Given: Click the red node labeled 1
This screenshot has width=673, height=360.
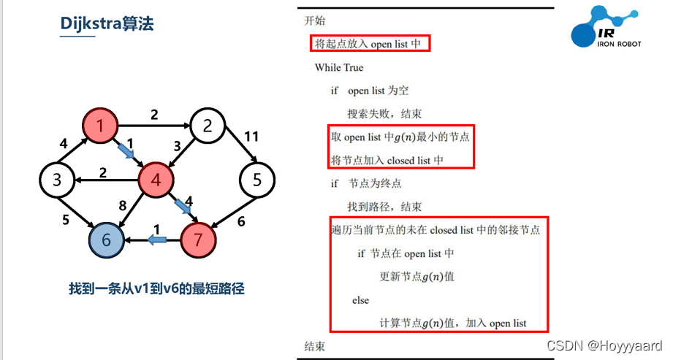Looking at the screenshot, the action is coord(99,126).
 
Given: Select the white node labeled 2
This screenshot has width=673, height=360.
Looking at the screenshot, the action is coord(208,126).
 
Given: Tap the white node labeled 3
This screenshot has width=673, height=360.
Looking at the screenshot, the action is coord(56,179).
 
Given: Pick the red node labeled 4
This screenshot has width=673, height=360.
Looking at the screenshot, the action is coord(155,179).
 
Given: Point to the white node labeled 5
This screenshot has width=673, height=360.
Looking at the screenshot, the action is coord(256,179).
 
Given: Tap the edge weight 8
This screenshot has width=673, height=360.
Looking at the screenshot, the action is coord(123,205).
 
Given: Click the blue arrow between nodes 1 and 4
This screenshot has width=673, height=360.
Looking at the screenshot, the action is coord(126,151).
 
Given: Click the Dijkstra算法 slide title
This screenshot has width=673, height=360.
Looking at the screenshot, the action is coord(107,25).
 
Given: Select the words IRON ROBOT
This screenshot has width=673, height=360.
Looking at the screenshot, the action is coord(620,44).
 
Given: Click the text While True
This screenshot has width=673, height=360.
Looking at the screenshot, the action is coord(338,68).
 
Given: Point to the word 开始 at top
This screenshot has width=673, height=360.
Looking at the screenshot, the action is coord(314,20).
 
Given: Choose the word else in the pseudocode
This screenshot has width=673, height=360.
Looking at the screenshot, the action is coord(360,300).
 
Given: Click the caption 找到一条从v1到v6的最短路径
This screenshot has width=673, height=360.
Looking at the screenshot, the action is coord(156,288).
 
